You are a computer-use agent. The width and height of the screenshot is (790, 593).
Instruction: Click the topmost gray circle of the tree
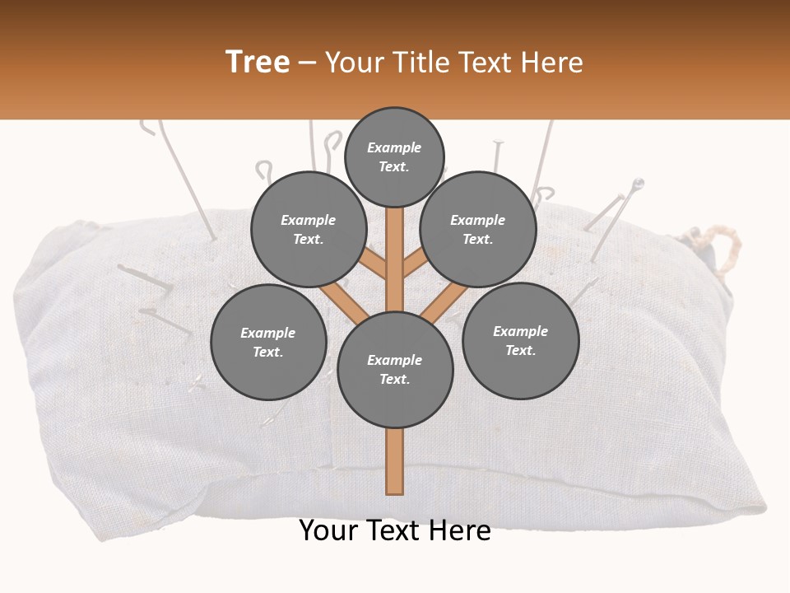[394, 156]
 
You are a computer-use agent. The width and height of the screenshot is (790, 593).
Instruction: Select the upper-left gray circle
[308, 230]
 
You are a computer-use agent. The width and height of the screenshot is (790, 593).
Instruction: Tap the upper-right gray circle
[478, 230]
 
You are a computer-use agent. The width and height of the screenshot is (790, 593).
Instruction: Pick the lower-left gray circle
[268, 343]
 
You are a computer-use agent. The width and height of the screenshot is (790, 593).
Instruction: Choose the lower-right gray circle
[520, 341]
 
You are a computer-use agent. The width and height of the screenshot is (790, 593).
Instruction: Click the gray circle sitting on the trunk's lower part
[395, 370]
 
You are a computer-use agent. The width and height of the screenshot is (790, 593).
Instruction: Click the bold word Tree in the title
[258, 62]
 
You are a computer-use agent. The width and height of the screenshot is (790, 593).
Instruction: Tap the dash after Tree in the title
[307, 63]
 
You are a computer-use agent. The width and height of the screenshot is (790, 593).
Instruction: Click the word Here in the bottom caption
[459, 530]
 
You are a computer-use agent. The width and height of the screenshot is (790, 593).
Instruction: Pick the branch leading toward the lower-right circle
[444, 300]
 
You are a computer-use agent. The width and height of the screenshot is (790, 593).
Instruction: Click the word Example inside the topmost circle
[394, 148]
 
